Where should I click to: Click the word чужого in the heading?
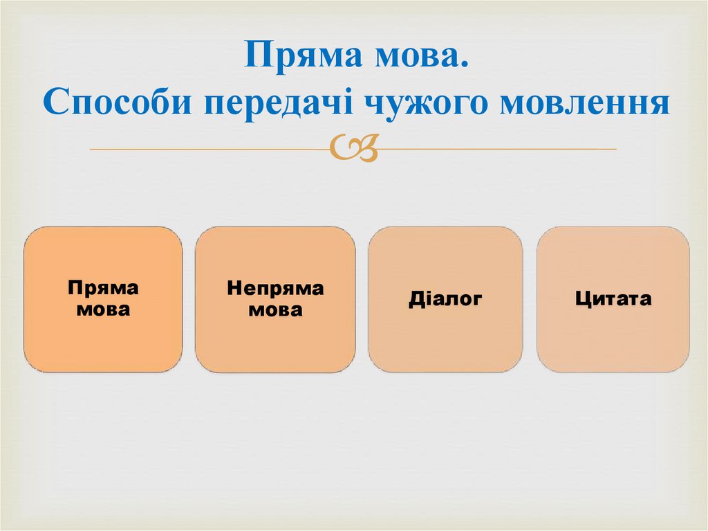click(421, 103)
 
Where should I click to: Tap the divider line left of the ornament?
click(207, 149)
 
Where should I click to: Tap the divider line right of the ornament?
click(498, 149)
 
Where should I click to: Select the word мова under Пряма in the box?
click(103, 309)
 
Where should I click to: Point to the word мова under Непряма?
click(275, 309)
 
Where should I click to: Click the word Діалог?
click(445, 299)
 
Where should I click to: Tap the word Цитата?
click(613, 299)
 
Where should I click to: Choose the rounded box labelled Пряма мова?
click(103, 339)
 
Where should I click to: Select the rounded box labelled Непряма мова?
click(275, 339)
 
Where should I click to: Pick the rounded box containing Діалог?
click(445, 339)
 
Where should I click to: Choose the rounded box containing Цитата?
click(613, 339)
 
